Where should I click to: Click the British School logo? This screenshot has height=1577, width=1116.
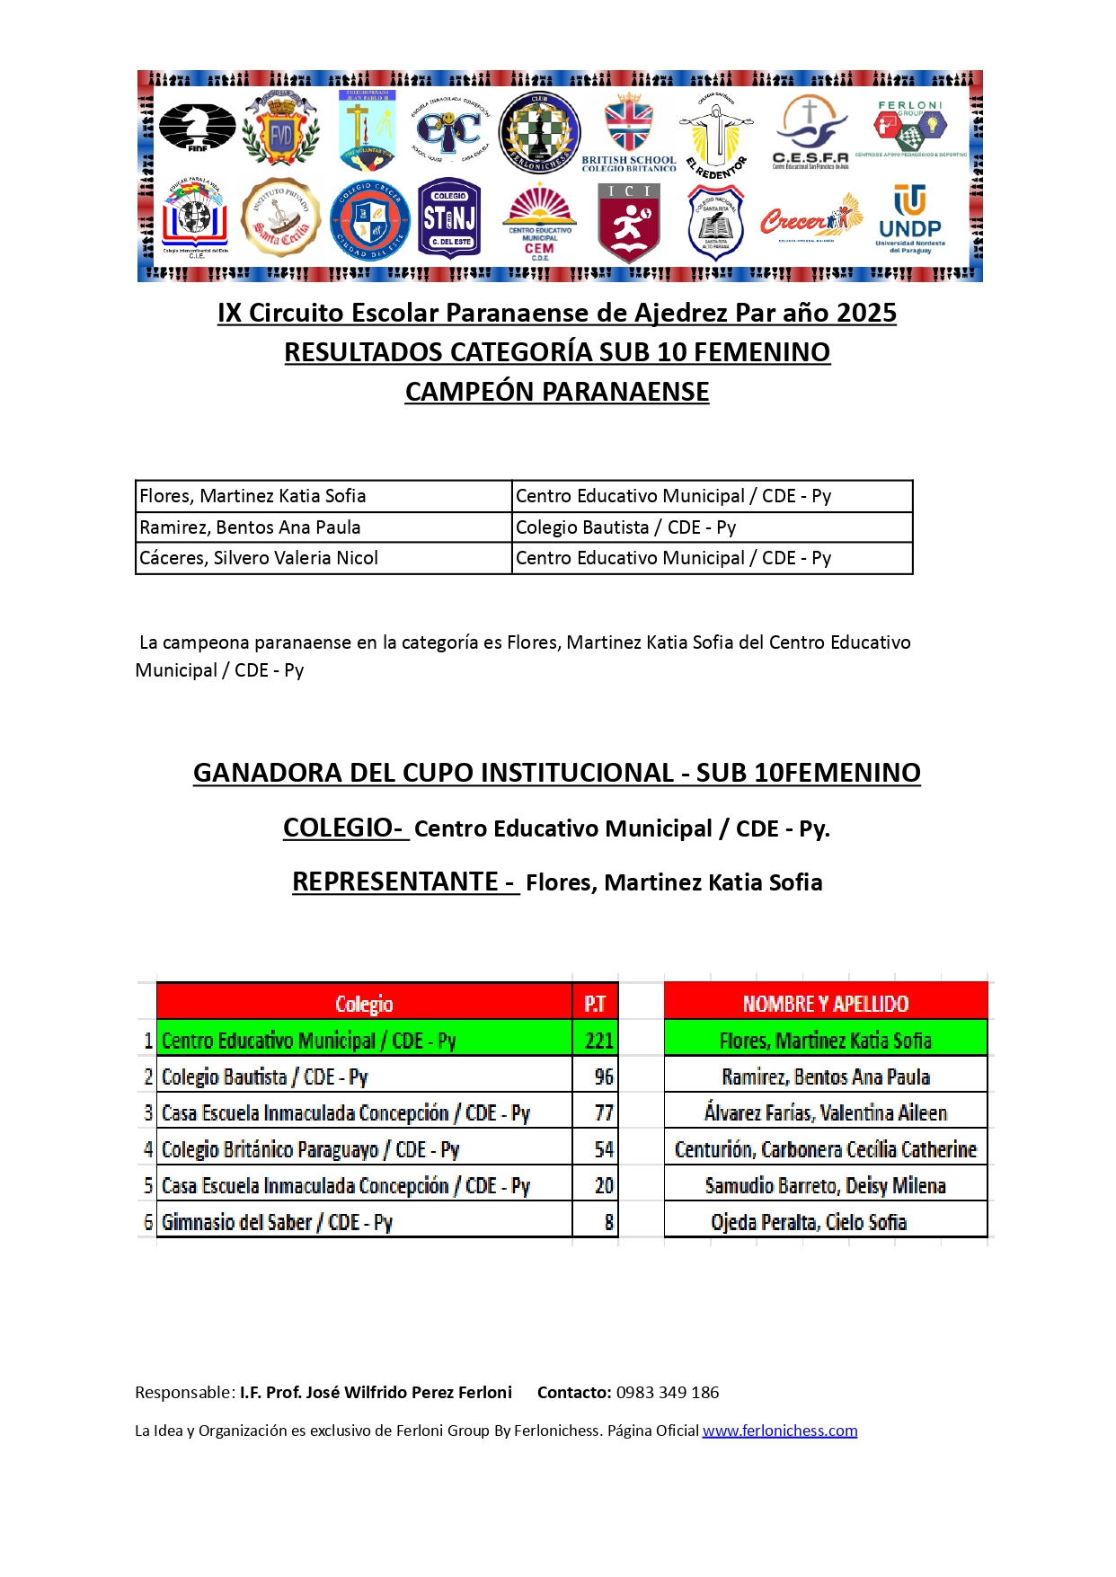(629, 133)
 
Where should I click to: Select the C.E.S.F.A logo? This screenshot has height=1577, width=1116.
(810, 133)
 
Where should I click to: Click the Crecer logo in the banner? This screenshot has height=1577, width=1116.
(810, 218)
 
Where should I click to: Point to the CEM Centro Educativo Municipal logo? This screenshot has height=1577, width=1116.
(539, 222)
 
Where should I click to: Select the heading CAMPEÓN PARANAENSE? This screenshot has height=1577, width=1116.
(557, 392)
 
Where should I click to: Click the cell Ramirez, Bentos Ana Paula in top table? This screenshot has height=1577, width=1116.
(251, 527)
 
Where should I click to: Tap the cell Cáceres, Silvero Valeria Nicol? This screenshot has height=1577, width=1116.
(259, 558)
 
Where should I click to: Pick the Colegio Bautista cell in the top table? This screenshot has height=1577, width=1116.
(625, 527)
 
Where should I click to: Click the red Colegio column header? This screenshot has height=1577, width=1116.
(364, 1004)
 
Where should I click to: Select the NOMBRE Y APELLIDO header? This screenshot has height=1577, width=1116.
(825, 1004)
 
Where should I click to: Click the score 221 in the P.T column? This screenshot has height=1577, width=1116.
(598, 1041)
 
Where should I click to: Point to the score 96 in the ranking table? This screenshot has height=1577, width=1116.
(604, 1076)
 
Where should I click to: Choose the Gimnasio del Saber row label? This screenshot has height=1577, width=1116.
(277, 1222)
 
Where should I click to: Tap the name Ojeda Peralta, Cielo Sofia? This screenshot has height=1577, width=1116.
(809, 1222)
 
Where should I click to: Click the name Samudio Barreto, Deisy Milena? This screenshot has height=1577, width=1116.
(825, 1186)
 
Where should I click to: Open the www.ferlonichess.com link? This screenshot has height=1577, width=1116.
(780, 1431)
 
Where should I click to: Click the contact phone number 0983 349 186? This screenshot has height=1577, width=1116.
(668, 1393)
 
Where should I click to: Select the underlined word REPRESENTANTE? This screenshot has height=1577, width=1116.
(395, 882)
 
